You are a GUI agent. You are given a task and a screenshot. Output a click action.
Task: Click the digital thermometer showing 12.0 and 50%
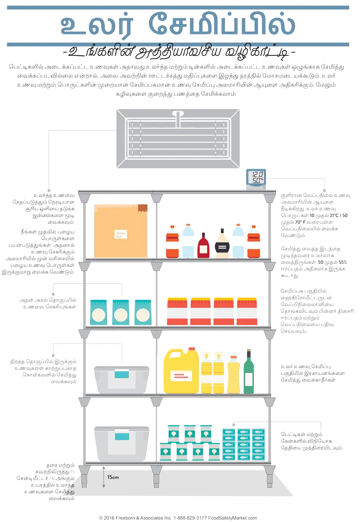point(257,177)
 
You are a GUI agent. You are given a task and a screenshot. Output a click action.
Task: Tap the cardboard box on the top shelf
point(121,231)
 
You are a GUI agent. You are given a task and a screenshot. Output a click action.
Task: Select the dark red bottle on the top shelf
point(203,246)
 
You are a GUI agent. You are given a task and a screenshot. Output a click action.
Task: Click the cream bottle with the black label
point(221,243)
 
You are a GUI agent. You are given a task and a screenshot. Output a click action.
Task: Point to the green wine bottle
point(249,373)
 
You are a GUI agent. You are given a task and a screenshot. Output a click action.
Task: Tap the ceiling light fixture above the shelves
point(178,138)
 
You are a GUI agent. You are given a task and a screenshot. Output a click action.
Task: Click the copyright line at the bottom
point(178,518)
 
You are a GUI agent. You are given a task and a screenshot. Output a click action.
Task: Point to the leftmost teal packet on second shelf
point(99,312)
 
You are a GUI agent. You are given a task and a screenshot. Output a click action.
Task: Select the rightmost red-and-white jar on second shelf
point(247,310)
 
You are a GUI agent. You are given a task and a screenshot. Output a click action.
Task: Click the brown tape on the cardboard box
point(143,208)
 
